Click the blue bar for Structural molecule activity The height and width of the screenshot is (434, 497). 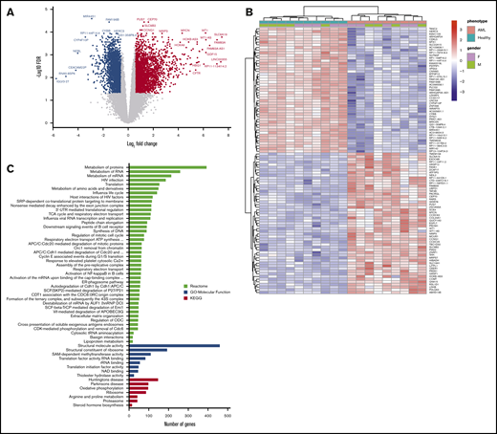(x=172, y=346)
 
